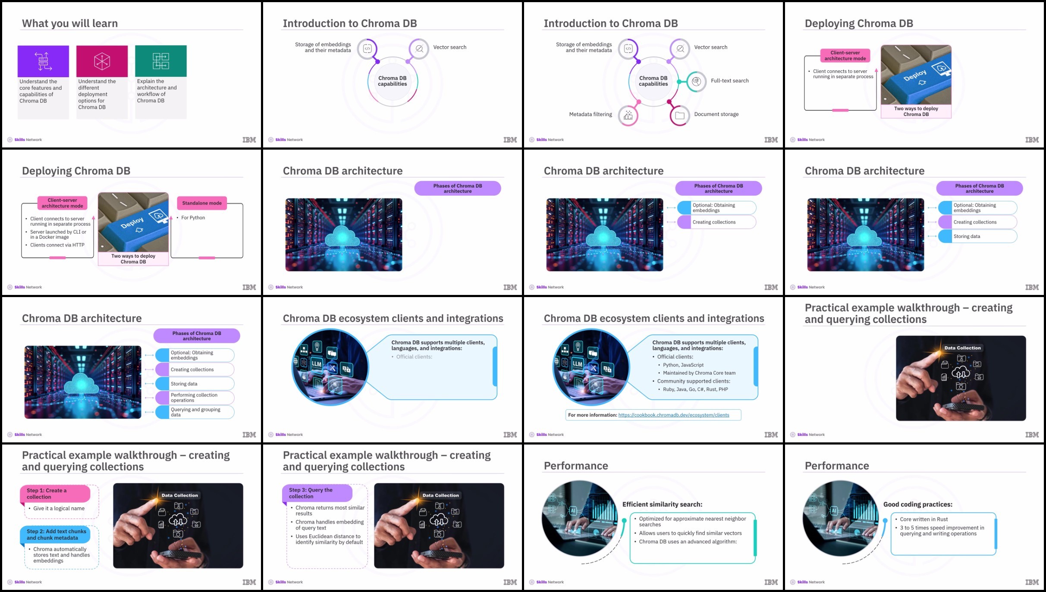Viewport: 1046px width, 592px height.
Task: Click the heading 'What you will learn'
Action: coord(70,23)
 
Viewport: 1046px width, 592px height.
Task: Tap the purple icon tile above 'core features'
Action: coord(43,61)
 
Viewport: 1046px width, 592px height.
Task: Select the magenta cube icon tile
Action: coord(102,61)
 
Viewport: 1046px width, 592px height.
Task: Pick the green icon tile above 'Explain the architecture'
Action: coord(161,61)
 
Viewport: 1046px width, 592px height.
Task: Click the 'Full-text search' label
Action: coord(730,81)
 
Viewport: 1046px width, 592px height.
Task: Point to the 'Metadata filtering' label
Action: coord(591,114)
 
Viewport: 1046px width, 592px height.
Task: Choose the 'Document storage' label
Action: coord(716,114)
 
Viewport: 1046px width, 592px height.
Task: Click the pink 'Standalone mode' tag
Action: coord(202,203)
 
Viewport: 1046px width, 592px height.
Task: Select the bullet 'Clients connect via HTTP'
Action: coord(57,245)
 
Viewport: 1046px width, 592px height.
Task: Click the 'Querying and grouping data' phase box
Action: coord(195,412)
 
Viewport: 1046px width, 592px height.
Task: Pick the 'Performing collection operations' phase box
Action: coord(195,398)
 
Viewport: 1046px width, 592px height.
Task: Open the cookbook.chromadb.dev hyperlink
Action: coord(674,415)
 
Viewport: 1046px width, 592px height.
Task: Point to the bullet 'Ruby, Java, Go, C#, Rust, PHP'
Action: coord(695,389)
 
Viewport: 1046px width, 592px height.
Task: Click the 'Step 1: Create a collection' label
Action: coord(47,494)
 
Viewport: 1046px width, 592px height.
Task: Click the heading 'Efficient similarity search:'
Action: coord(662,504)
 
